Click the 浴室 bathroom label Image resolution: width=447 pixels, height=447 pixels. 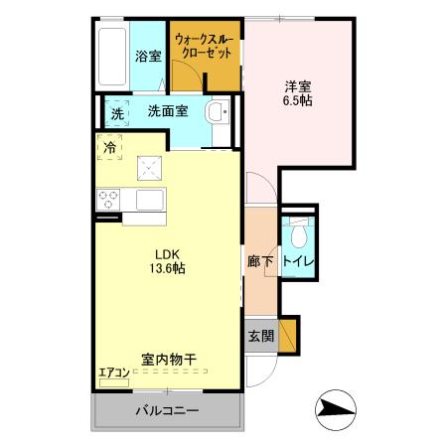(148, 57)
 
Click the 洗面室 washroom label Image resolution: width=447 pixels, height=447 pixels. (169, 111)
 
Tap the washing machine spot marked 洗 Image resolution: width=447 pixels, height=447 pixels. (117, 113)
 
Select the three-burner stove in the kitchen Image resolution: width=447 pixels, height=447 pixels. (108, 199)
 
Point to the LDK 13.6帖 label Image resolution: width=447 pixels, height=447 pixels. (167, 259)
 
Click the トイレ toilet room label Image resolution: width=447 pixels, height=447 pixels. (299, 262)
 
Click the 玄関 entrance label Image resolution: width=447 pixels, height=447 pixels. (260, 336)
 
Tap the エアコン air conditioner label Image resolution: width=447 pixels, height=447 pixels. (114, 373)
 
